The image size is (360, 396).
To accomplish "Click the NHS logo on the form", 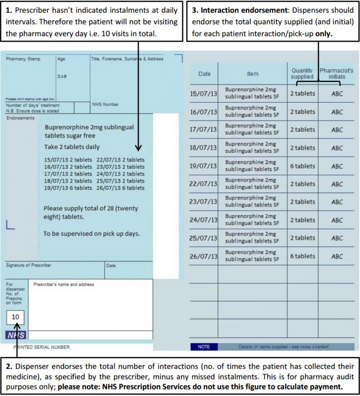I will click(15, 335).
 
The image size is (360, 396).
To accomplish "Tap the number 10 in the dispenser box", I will click(15, 317).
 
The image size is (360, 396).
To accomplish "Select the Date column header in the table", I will click(204, 74).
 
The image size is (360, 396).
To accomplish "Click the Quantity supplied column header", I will click(302, 74).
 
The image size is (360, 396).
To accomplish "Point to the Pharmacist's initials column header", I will click(337, 74).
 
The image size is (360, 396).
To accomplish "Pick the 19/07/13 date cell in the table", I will click(203, 166).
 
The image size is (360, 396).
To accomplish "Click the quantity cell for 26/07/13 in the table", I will click(302, 256).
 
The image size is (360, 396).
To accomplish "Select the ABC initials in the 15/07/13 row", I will click(337, 94).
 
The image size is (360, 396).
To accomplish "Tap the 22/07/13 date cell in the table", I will click(203, 184).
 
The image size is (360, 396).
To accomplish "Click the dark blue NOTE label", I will click(204, 347).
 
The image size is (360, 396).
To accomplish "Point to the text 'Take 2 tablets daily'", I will click(72, 147).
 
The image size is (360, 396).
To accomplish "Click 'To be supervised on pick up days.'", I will click(91, 233).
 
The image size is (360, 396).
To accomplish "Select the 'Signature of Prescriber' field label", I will click(29, 266).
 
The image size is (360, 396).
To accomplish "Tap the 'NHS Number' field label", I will click(105, 104).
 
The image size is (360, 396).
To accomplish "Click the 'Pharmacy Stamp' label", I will click(23, 59).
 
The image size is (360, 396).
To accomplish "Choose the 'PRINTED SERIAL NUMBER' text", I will click(42, 347).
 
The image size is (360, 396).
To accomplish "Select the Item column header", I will click(253, 74).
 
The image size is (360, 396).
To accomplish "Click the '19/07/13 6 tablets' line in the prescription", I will click(68, 188).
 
